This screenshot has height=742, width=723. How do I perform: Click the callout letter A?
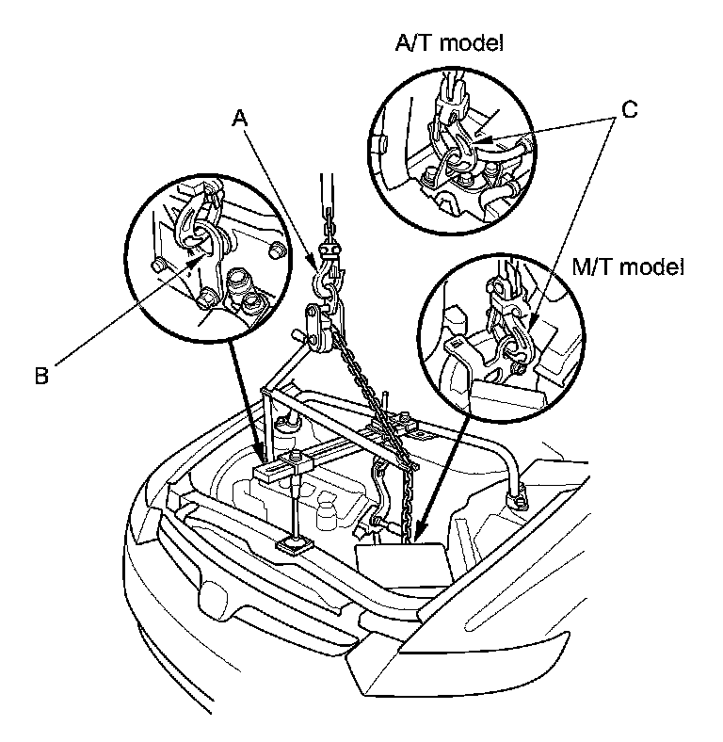241,118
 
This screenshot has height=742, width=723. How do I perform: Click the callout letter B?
41,376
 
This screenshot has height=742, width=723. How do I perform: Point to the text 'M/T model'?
628,267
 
